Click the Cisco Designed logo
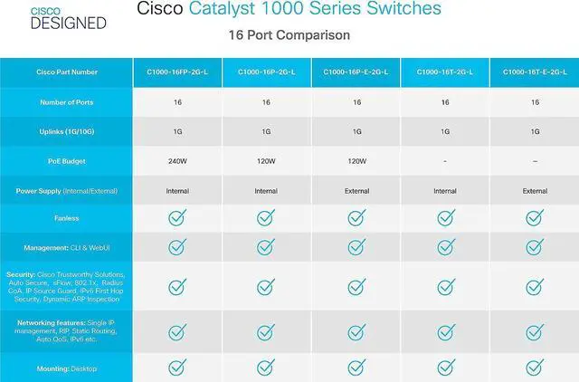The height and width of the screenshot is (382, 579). [79, 17]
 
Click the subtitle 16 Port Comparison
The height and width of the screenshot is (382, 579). [289, 35]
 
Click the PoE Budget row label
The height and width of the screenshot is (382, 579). [66, 161]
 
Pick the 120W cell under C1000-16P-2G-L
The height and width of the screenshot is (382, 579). [265, 161]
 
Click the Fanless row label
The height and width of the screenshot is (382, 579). [66, 217]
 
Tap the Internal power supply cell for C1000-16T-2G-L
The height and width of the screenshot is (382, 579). [444, 191]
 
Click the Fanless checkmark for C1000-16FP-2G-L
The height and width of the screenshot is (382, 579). [176, 217]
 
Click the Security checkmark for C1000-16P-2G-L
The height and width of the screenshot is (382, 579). [265, 287]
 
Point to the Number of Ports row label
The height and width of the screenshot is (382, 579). [66, 102]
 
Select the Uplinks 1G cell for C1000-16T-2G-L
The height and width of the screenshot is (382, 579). [444, 131]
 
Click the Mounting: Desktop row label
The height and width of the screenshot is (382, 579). [66, 368]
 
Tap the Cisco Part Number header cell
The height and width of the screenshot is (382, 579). [66, 72]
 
